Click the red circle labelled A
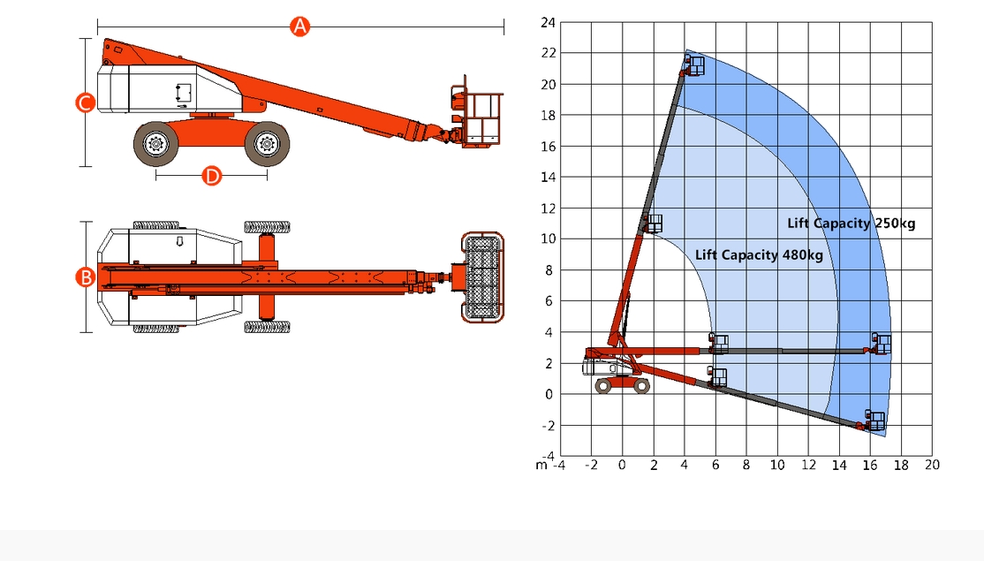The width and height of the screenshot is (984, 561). [300, 27]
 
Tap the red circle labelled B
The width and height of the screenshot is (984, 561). [86, 277]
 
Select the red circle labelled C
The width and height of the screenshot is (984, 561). [86, 102]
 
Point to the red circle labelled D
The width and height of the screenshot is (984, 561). [212, 176]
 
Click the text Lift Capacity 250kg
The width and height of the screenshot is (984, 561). [851, 224]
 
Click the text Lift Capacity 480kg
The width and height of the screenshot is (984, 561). [759, 254]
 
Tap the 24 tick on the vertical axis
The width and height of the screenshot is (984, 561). [548, 23]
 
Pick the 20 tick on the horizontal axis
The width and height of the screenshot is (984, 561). [932, 465]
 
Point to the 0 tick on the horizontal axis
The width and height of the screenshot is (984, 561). [622, 465]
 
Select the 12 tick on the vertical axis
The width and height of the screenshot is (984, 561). [548, 208]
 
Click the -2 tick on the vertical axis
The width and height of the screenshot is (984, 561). [548, 426]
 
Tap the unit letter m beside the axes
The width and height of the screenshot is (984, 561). [541, 466]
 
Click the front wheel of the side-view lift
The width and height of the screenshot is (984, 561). [267, 144]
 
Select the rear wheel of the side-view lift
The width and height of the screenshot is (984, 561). [155, 144]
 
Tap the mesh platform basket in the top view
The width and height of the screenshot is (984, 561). [482, 277]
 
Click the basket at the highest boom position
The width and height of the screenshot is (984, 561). [693, 65]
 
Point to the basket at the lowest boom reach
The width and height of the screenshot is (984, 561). [874, 420]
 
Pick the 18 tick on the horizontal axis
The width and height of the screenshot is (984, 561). [901, 465]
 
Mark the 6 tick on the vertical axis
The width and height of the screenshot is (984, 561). [549, 301]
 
